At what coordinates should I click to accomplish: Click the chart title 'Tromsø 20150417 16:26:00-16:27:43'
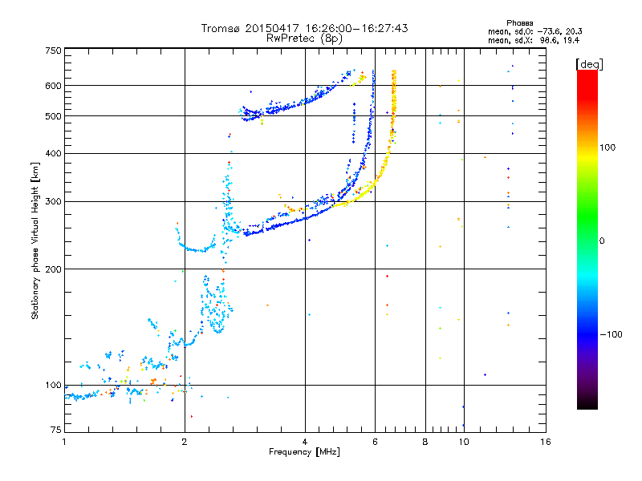304,28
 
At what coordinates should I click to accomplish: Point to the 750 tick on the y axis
53,51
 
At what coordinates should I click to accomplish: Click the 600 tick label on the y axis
53,86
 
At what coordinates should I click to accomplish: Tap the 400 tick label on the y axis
53,153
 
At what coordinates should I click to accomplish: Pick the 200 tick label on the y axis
53,269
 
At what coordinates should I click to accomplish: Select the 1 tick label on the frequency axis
64,442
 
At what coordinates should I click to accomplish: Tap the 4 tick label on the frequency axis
305,442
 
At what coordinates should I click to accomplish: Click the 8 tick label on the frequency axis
425,442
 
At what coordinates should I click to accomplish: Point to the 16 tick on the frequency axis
545,442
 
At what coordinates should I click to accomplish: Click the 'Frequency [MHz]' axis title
304,452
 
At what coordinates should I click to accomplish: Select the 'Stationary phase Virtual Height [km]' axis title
35,240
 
